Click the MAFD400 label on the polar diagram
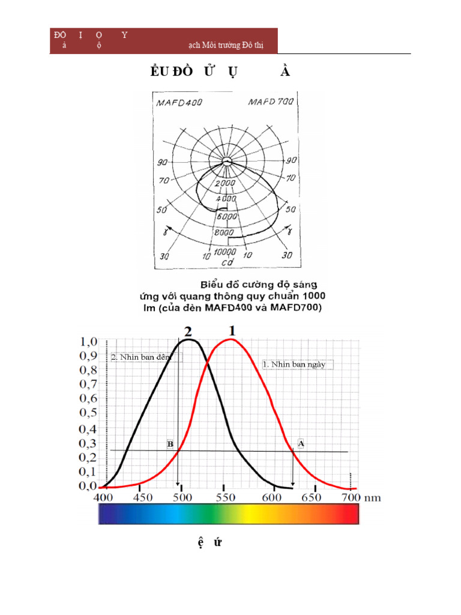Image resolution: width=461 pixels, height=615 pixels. point(179,103)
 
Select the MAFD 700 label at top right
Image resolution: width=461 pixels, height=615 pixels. point(271,102)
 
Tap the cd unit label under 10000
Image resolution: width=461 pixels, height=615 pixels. point(227,262)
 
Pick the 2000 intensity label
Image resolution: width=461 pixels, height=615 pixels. point(226,183)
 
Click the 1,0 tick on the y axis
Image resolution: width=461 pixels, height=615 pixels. point(88,342)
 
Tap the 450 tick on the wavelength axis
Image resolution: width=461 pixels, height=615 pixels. point(142,498)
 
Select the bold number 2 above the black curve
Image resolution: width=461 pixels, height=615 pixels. point(188,331)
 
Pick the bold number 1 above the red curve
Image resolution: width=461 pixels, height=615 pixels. point(233,330)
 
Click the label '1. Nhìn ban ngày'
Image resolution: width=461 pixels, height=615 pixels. point(297,364)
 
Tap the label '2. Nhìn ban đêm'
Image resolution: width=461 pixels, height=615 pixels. point(141,357)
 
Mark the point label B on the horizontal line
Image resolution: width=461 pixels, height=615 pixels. point(170,444)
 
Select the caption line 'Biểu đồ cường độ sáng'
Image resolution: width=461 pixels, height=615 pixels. point(259,283)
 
